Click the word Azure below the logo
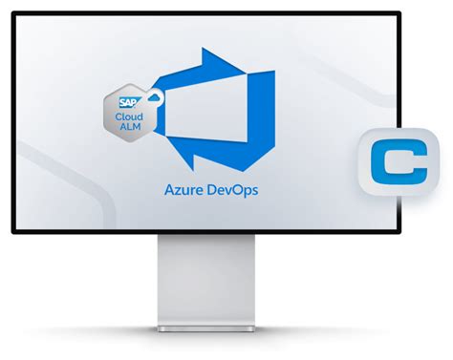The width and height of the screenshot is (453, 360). click(183, 189)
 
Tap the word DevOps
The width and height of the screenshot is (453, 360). click(232, 189)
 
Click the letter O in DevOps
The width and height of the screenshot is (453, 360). click(239, 189)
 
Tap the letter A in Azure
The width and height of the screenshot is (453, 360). click(168, 189)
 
